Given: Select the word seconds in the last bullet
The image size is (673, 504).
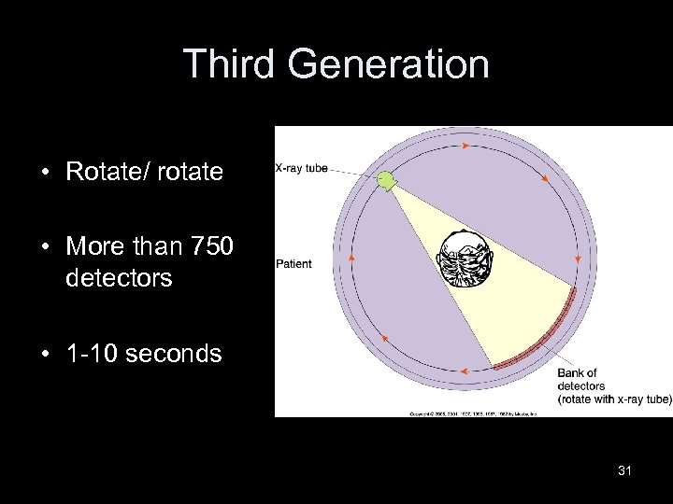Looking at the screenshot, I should pos(173,354).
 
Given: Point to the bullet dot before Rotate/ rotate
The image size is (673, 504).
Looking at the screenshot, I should pos(45,172).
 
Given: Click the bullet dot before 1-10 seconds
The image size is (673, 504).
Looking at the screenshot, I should pos(45,355).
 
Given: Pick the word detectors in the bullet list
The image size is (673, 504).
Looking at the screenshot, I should pos(119,278).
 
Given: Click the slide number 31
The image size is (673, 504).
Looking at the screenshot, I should pos(624,470).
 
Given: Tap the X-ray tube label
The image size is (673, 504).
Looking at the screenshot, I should pos(302,169).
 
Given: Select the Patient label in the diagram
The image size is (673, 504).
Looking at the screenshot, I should pos(294,264).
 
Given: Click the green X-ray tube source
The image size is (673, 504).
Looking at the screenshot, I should pos(385,181).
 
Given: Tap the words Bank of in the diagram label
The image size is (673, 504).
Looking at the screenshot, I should pos(577,373).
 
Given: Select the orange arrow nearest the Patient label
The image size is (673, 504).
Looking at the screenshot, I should pos(351,258).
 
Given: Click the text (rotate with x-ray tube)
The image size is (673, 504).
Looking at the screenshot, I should pos(614,399).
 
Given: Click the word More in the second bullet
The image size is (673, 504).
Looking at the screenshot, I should pos(90,247).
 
